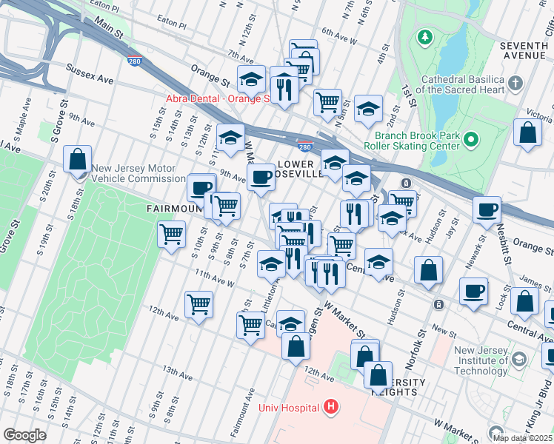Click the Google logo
click(x=24, y=435)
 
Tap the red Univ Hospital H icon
click(x=330, y=407)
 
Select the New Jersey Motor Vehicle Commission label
click(x=138, y=173)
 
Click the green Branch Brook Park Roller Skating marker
click(x=471, y=138)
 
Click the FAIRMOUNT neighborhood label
click(x=175, y=209)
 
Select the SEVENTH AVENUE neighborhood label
click(x=524, y=50)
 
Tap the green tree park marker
click(x=425, y=36)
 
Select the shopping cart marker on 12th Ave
click(x=198, y=303)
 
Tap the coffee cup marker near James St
click(x=474, y=292)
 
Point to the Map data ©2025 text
click(x=522, y=438)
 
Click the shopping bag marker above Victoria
click(x=527, y=133)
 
